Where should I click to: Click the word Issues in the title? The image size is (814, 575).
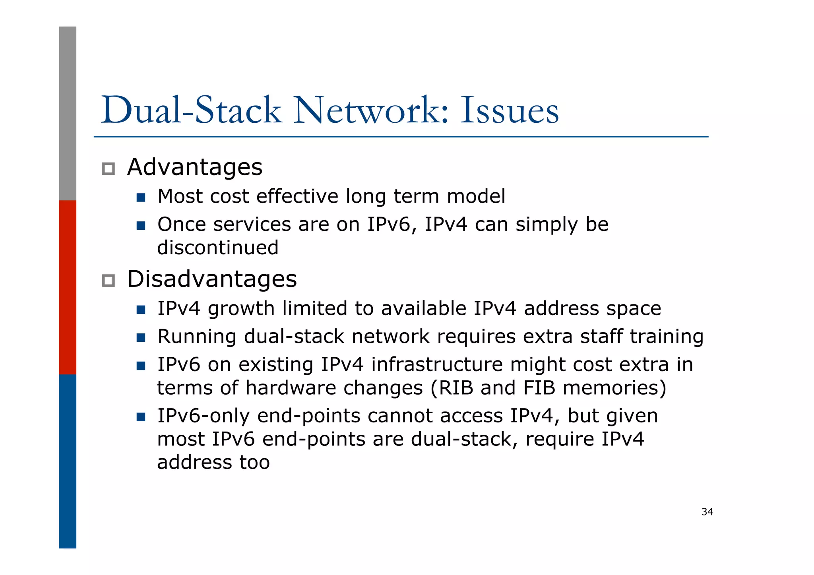(x=510, y=110)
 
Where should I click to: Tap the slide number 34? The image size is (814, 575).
(x=707, y=512)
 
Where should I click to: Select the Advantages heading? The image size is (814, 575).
(x=195, y=167)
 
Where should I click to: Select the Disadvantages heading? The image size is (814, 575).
(x=212, y=279)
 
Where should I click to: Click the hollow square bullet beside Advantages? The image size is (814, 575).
(x=109, y=169)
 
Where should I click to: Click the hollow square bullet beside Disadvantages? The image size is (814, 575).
(x=109, y=281)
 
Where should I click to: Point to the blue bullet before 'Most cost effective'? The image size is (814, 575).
(x=141, y=197)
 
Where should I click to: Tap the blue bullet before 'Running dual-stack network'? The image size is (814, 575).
(x=141, y=338)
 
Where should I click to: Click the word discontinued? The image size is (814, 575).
(x=218, y=248)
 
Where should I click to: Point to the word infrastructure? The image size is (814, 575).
(x=437, y=365)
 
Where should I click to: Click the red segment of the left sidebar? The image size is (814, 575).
(x=68, y=287)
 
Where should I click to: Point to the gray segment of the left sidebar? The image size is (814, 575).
(x=68, y=113)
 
